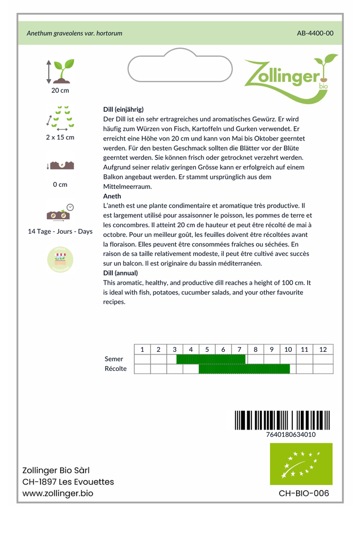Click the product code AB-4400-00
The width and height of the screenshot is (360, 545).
[x=315, y=33]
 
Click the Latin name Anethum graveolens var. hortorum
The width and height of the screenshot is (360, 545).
[x=75, y=33]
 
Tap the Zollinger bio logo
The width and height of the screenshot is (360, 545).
[x=290, y=78]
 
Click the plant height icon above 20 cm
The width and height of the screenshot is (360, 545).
[x=60, y=71]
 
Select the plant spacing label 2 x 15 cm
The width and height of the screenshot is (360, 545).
[x=60, y=137]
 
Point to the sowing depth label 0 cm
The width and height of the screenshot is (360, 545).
[x=60, y=185]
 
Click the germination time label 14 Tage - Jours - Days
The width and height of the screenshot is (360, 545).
[x=60, y=232]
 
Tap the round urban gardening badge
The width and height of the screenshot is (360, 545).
[x=60, y=260]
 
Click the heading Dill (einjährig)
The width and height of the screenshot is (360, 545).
[x=123, y=109]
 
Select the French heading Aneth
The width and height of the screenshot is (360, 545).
[x=112, y=196]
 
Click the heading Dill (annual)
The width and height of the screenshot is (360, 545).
[x=120, y=273]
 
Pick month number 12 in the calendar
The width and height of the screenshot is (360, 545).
[x=323, y=350]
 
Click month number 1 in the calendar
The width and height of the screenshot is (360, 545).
[x=142, y=350]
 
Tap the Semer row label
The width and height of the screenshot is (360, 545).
[x=114, y=359]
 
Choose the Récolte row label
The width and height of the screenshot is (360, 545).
[x=116, y=369]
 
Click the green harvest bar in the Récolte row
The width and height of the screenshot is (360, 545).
[x=244, y=369]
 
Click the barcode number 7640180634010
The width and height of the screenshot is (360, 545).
[x=291, y=434]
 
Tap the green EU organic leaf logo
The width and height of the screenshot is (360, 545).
[x=301, y=464]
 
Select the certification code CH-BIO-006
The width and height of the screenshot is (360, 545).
[x=304, y=493]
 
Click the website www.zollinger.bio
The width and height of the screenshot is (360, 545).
[x=58, y=493]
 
